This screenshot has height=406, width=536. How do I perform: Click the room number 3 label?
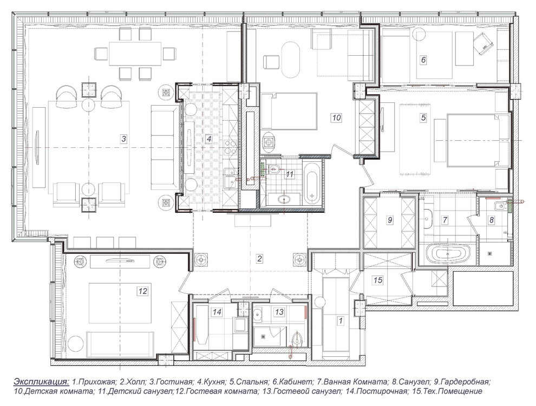tap(124, 139)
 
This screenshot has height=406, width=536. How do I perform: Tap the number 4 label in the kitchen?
tap(209, 139)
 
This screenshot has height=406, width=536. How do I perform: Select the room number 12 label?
tap(142, 291)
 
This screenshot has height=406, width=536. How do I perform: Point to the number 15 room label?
tap(378, 280)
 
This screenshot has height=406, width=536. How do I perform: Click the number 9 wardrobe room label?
tap(390, 220)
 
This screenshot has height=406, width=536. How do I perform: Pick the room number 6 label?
tap(423, 60)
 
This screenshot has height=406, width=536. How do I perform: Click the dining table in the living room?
tap(135, 53)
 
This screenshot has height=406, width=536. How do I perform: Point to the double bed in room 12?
tap(120, 303)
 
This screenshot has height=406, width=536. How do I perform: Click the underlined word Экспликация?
tap(41, 382)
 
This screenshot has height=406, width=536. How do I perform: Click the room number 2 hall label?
tap(259, 259)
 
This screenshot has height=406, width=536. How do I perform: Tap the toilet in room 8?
tap(498, 206)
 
